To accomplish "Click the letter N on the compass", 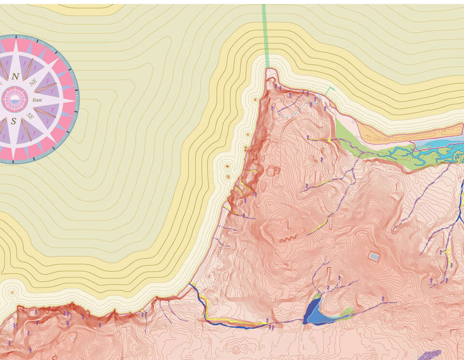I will coord(15,76).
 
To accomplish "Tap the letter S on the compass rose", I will coord(14,121).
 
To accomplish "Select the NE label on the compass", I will coord(33,83).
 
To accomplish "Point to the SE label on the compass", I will coord(30,116).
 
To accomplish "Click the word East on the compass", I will coord(37,100).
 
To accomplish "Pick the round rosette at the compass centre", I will coord(14,99).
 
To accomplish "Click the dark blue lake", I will coord(312,312).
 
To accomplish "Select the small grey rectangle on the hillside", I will coord(374,256).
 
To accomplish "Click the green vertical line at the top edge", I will coord(264,29).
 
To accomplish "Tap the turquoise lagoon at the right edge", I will coord(440,144).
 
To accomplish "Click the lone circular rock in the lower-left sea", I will coord(12,293).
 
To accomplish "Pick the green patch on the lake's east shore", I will coord(346,313).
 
